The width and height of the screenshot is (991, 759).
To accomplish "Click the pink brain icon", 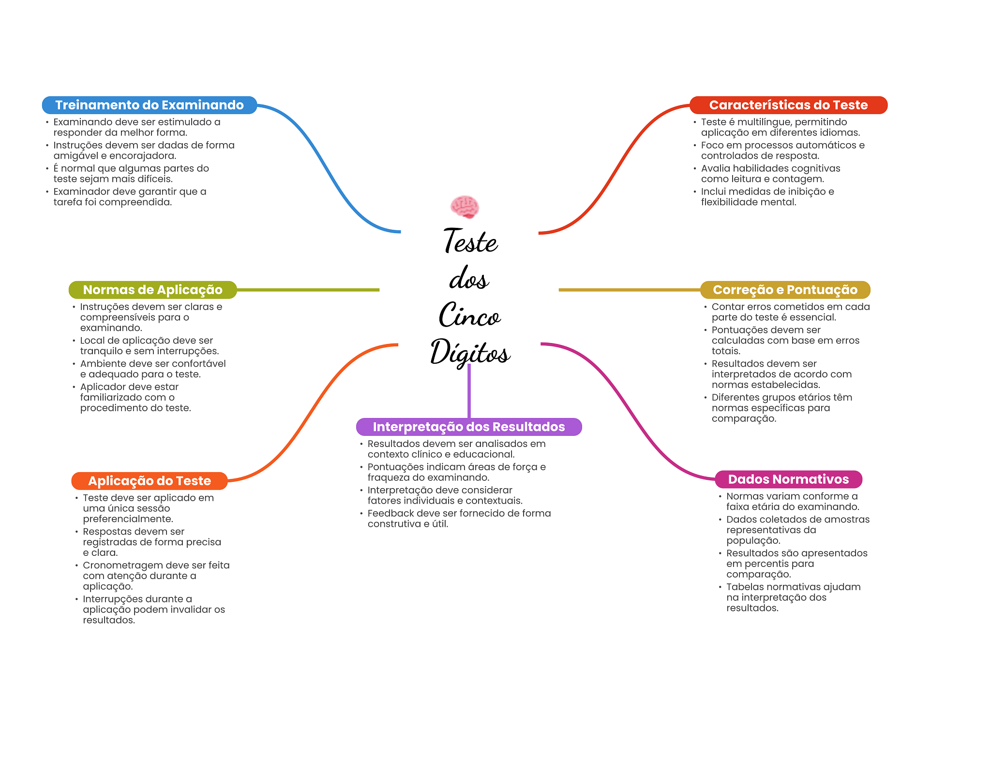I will point(465,207).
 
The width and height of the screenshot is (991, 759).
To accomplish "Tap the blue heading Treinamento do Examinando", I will point(149,105).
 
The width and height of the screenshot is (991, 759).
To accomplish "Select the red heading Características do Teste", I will point(788,105).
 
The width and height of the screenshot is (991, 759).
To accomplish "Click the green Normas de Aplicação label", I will point(152,290).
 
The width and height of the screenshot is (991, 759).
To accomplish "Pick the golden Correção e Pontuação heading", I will point(785,290).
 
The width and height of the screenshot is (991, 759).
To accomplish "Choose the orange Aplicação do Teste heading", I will point(149,481).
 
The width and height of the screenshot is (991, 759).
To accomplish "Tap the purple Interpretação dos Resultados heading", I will point(468,427).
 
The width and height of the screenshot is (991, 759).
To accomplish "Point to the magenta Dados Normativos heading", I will point(788,479).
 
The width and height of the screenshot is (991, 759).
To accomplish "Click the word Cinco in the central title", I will point(469,315).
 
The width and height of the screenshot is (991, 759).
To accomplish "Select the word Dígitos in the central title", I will point(470,352).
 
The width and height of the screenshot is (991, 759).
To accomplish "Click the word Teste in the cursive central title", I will point(470,241).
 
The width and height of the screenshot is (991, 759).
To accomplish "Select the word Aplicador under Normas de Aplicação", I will point(103,387).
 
